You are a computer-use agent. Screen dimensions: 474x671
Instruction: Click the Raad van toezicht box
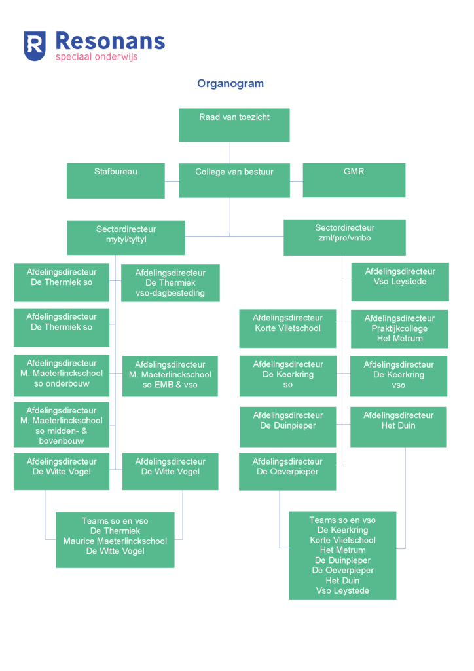tap(234, 125)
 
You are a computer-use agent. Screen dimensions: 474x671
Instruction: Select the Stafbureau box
tap(115, 181)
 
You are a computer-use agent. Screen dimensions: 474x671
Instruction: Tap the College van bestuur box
tap(234, 180)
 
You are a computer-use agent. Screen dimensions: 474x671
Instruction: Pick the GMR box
tap(354, 180)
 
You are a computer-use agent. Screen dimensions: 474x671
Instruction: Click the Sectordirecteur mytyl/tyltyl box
tap(126, 237)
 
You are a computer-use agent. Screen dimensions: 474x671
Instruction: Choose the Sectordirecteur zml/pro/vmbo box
tap(344, 237)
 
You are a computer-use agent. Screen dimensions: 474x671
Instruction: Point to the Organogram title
tap(230, 83)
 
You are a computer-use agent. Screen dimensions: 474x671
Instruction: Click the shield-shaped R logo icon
tap(35, 46)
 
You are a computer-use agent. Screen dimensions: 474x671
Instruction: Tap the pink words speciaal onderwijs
tap(97, 57)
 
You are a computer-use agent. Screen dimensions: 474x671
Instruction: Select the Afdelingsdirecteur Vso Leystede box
tap(400, 282)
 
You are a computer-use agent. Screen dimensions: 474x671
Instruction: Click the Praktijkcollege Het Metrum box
tap(399, 329)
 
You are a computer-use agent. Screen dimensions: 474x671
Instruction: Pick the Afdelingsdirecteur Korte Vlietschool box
tap(287, 329)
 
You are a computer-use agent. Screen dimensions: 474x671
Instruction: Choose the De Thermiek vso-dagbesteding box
tap(170, 283)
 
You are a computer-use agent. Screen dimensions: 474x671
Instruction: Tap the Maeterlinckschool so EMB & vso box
tap(170, 376)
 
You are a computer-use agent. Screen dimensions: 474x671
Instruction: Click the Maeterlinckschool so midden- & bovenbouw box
tap(62, 425)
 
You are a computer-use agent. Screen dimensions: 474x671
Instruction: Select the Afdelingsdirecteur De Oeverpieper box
tap(287, 472)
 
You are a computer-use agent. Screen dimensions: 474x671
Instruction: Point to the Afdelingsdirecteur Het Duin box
tap(398, 427)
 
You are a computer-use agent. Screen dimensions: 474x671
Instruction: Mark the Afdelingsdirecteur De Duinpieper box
tap(288, 427)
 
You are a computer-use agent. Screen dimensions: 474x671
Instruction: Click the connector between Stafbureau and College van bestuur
tap(172, 181)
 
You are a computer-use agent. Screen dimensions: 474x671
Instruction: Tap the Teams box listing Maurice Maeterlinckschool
tap(115, 540)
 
